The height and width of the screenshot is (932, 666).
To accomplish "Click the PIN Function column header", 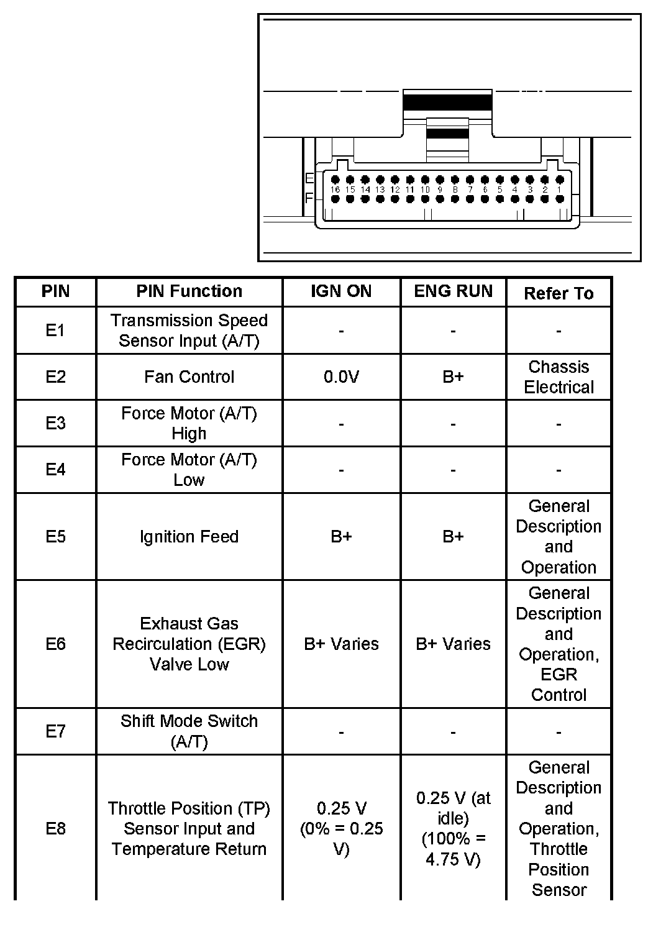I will [x=189, y=291].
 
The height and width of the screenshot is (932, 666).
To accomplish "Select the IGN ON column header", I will [x=341, y=291].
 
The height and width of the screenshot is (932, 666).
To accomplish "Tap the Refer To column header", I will [x=559, y=293].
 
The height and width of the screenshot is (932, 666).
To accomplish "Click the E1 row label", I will [x=55, y=331].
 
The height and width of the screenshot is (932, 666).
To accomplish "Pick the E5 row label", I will [x=55, y=537].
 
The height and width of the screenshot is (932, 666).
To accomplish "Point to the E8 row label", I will [x=55, y=828].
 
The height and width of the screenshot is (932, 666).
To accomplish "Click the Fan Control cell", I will [x=189, y=377].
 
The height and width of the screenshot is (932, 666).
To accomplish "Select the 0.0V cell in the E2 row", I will [x=341, y=377].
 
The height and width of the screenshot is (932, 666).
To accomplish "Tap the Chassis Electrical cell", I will [x=559, y=377].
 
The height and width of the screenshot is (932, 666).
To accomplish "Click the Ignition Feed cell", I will [x=189, y=537].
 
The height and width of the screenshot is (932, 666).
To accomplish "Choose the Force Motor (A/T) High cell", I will [x=189, y=423].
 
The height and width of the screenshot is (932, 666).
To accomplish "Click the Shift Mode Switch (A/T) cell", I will [x=189, y=731].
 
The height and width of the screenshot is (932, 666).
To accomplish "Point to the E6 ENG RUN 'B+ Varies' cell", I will [x=453, y=644].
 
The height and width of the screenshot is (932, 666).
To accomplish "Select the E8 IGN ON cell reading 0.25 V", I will [x=341, y=828].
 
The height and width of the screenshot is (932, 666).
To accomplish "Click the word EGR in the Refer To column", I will [x=559, y=675].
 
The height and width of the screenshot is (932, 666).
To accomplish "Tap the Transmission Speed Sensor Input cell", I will [x=189, y=331].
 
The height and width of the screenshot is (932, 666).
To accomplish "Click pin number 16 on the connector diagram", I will [x=335, y=190].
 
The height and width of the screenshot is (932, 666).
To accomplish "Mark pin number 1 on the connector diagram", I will [x=559, y=190].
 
